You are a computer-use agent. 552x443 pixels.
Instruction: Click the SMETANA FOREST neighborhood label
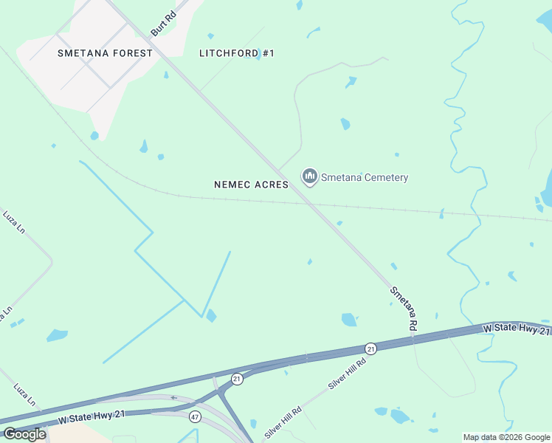coord(105,53)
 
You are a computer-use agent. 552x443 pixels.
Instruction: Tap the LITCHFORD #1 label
coord(237,53)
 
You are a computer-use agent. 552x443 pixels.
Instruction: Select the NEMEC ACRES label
coord(251,185)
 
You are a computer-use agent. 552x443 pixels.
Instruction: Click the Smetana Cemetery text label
coord(365,177)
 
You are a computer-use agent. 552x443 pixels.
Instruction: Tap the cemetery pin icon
coord(309,176)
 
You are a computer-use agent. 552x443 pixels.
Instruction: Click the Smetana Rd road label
coord(404,308)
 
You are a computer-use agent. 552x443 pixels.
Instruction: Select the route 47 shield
coord(195,417)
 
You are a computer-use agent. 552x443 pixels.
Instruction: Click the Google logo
coord(24,434)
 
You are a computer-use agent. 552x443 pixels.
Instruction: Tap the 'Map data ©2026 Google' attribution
coord(506,437)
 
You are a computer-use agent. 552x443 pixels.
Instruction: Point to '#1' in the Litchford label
coord(268,53)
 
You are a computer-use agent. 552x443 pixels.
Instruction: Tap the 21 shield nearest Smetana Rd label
coord(370,348)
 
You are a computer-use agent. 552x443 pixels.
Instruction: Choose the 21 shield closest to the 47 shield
coord(236,379)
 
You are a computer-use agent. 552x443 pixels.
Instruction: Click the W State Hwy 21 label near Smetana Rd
coord(517,327)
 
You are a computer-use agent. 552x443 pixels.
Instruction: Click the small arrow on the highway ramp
coord(173,398)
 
